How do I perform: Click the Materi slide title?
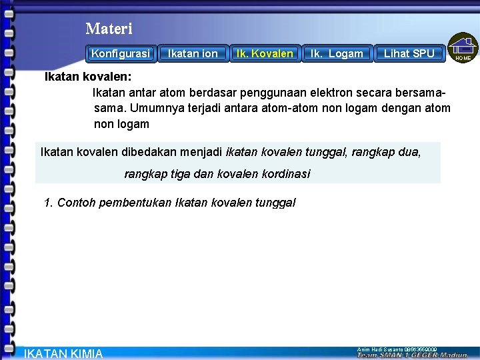coord(109,29)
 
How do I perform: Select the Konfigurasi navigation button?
coord(121,53)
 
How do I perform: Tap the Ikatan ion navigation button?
coord(193,53)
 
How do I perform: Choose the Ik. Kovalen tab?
coord(265,53)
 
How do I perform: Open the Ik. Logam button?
coord(337,53)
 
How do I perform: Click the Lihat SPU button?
coord(409,53)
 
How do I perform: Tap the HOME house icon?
coord(463,47)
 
